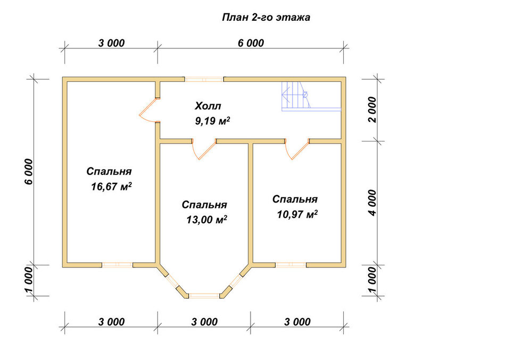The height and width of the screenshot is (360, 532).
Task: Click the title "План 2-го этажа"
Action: pyautogui.click(x=266, y=18)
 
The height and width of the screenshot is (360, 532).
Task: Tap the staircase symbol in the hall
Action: pyautogui.click(x=311, y=96)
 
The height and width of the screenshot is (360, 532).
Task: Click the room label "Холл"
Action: pyautogui.click(x=207, y=106)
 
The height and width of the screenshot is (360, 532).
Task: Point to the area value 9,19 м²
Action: pyautogui.click(x=213, y=121)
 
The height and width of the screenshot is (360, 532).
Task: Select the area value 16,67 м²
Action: pyautogui.click(x=111, y=187)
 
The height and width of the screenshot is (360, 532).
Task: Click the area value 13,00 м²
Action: pyautogui.click(x=206, y=220)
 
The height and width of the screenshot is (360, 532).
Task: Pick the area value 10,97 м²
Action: pyautogui.click(x=297, y=214)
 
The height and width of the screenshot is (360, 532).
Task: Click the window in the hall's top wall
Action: pyautogui.click(x=204, y=80)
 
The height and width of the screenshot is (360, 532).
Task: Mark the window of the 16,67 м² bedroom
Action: pyautogui.click(x=117, y=265)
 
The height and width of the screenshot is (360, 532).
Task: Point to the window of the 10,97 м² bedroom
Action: pyautogui.click(x=291, y=265)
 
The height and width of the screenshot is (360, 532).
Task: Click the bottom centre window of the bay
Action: pyautogui.click(x=204, y=296)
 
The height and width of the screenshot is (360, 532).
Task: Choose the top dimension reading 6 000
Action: pyautogui.click(x=251, y=43)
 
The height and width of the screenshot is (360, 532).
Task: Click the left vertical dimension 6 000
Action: pyautogui.click(x=29, y=172)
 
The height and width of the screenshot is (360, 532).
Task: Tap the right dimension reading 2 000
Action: pyautogui.click(x=372, y=110)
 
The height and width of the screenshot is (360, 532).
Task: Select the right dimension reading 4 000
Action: pyautogui.click(x=372, y=203)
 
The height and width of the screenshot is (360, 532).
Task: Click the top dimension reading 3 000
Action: pyautogui.click(x=111, y=43)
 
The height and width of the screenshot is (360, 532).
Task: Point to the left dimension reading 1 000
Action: pyautogui.click(x=29, y=280)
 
